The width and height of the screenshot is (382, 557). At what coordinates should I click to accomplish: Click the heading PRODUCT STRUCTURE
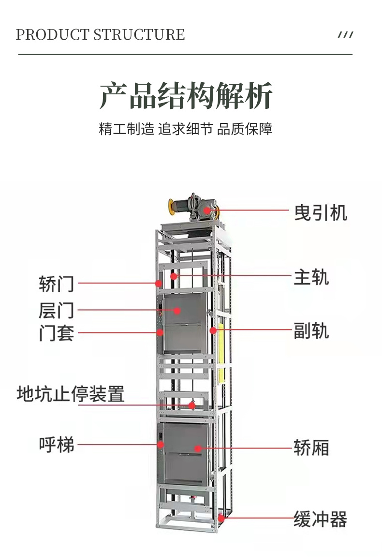coord(100,35)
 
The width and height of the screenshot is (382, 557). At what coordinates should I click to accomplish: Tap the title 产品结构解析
coord(186,96)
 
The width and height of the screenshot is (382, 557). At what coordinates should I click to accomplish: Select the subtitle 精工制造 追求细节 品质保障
coord(186,129)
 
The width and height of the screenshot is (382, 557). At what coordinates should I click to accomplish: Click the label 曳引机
coord(321,212)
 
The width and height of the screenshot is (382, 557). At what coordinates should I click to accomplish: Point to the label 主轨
coord(311,278)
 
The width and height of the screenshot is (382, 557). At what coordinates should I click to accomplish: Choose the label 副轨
coord(311,331)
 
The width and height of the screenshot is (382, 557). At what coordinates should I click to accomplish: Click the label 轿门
coord(57,284)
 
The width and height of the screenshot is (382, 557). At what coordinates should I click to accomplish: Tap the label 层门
coord(57,310)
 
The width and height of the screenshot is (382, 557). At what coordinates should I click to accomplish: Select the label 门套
coord(57,333)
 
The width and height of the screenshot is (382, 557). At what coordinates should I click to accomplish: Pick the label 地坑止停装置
coord(71,394)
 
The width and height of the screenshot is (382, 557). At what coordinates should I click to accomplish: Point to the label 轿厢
coord(311,448)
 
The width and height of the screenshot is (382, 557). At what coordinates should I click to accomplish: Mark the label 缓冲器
coord(320,519)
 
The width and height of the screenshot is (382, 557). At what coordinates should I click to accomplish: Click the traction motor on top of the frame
coord(193,208)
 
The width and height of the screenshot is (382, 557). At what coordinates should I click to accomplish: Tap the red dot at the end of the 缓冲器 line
coord(221,518)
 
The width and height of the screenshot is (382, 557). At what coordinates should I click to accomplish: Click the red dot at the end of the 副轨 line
coord(213,331)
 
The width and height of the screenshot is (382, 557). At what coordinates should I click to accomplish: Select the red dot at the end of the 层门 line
coord(177,310)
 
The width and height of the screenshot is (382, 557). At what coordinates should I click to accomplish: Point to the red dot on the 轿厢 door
coord(198,448)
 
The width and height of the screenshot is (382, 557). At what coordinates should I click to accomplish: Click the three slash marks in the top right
coord(345,35)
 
